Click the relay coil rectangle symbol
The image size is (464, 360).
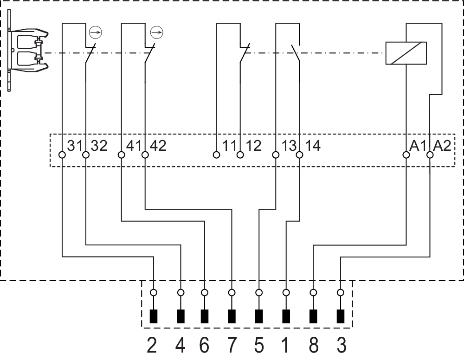(x=406, y=53)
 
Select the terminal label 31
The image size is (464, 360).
(x=75, y=145)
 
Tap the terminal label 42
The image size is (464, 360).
(x=158, y=145)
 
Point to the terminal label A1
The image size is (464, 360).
(x=418, y=145)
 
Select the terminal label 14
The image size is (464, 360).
(x=312, y=145)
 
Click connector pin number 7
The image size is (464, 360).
(x=232, y=345)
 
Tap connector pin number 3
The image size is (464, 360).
(x=341, y=345)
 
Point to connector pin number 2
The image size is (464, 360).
(x=152, y=345)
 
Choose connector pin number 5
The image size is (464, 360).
(x=259, y=345)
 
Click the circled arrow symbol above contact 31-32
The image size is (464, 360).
(x=95, y=32)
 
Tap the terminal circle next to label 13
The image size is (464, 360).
(x=276, y=154)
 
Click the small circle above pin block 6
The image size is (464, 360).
(x=205, y=293)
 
